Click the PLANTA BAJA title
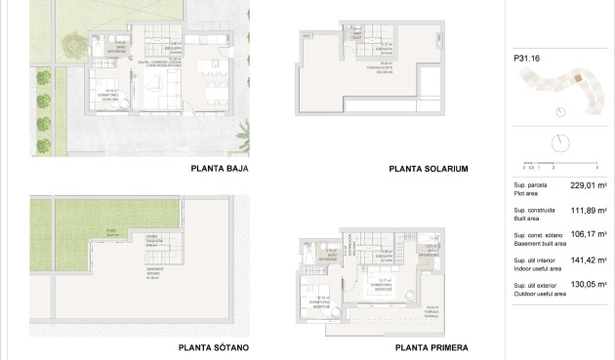[220, 168]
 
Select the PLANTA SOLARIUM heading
[429, 168]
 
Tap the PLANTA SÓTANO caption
[214, 347]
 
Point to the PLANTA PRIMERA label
[432, 347]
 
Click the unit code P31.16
[526, 59]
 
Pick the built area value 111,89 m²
[582, 212]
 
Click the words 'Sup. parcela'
[530, 184]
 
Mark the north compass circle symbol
[560, 142]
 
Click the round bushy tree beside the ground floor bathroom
[73, 43]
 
